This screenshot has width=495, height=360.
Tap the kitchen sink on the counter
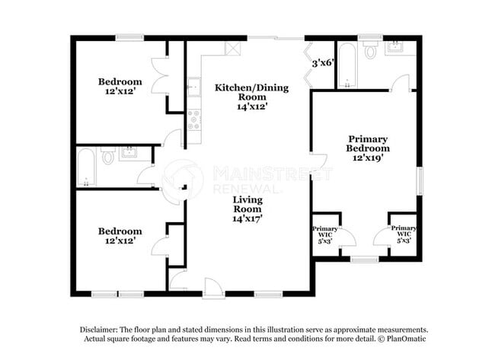pos(194,86)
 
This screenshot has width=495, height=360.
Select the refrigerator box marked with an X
pos(232,48)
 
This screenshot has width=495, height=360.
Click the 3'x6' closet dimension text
pos(322,63)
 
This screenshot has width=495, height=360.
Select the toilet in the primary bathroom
pos(371,51)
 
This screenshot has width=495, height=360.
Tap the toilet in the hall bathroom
pos(108,158)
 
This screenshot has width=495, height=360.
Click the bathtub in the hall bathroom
pos(85,168)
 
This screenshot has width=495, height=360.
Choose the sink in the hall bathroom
pos(126,152)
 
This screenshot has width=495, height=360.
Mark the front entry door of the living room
pos(213,288)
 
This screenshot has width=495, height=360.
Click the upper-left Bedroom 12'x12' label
pos(120,86)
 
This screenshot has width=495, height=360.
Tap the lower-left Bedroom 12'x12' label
pos(120,235)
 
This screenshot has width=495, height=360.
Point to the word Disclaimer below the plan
pos(101,330)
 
